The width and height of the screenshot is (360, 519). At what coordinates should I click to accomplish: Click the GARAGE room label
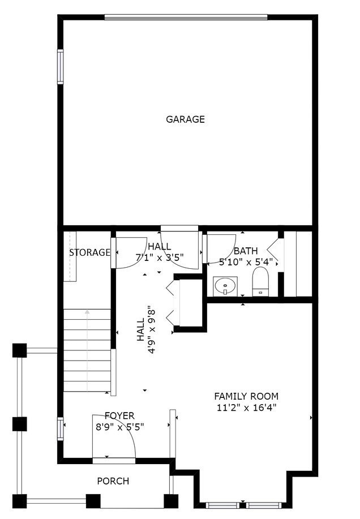(x=185, y=119)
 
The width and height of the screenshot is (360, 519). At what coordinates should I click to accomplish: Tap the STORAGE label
(x=89, y=252)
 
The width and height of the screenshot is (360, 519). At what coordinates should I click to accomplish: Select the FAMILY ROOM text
(x=246, y=396)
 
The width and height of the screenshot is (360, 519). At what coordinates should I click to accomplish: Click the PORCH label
(x=113, y=481)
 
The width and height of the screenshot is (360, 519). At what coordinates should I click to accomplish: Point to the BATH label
(x=246, y=251)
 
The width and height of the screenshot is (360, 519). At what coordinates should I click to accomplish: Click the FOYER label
(x=119, y=417)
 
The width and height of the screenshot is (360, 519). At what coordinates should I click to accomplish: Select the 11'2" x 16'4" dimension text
(x=246, y=408)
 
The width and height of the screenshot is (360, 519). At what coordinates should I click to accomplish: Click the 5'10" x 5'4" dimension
(x=246, y=262)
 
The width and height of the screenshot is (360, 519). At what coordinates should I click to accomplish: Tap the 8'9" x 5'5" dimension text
(x=119, y=427)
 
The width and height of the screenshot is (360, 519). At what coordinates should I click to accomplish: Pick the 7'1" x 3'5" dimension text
(x=160, y=258)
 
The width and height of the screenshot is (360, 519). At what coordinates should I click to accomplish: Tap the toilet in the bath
(x=260, y=281)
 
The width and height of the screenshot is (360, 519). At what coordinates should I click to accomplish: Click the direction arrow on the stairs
(x=87, y=312)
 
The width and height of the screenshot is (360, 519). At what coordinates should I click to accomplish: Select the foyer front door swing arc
(x=122, y=433)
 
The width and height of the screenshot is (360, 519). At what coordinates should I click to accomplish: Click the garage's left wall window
(x=60, y=67)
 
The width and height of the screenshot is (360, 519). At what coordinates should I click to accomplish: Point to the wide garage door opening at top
(x=185, y=17)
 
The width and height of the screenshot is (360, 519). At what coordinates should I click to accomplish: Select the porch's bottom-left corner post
(x=20, y=501)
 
